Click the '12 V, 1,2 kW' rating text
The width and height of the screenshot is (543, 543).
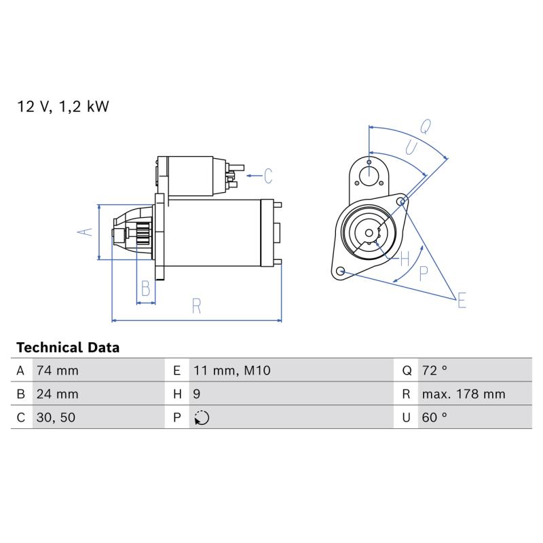point(62,107)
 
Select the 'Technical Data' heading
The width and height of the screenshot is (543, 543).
point(68,348)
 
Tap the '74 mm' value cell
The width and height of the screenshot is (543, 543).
point(58,371)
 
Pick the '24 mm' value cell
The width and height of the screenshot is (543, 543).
point(58,394)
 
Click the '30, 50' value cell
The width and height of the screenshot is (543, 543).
point(56,417)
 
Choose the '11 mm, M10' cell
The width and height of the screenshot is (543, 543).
point(231,371)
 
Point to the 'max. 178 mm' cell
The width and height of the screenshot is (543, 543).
point(464,394)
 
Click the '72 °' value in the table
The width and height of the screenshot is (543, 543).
point(434,371)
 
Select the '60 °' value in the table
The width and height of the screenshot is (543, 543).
point(434,417)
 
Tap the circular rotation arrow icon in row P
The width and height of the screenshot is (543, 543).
point(202,417)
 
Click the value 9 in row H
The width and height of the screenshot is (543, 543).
point(197,394)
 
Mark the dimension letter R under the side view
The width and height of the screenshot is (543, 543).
point(196,306)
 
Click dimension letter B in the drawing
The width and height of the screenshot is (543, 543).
point(146,288)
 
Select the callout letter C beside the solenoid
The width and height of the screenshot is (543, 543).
point(268,176)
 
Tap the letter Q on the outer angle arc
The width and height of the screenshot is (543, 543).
point(426,127)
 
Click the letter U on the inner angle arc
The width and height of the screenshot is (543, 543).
point(411,147)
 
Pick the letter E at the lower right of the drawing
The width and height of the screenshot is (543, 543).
point(462,300)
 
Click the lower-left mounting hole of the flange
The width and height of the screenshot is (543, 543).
point(341,270)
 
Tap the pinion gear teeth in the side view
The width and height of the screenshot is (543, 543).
point(143,233)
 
